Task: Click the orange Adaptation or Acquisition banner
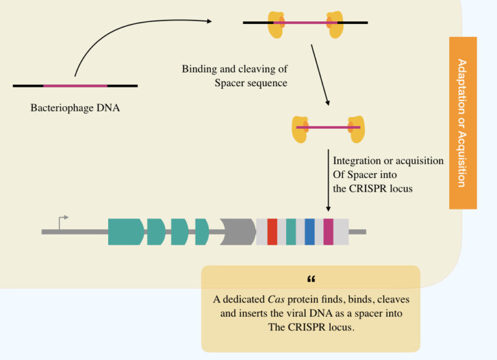(463, 123)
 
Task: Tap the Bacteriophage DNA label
(75, 108)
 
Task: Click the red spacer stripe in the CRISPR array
(272, 232)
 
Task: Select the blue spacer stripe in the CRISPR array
(309, 232)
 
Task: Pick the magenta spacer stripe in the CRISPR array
(328, 232)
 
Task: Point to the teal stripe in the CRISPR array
(291, 232)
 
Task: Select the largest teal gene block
(126, 232)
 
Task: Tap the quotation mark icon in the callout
(311, 280)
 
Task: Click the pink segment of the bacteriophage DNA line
(75, 85)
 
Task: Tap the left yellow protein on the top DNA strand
(277, 23)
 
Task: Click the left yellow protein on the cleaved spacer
(301, 128)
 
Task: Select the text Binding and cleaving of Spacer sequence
(234, 76)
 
